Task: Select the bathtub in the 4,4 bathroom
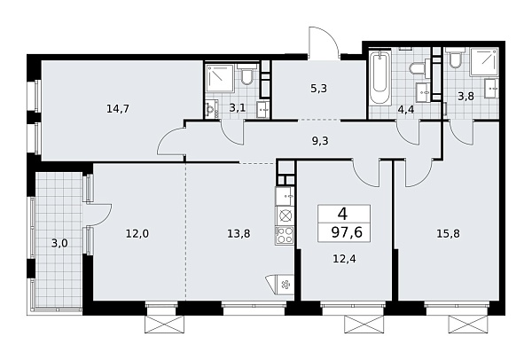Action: (x=378, y=85)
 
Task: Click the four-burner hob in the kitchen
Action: (x=286, y=235)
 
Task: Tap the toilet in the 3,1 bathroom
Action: (x=247, y=79)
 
